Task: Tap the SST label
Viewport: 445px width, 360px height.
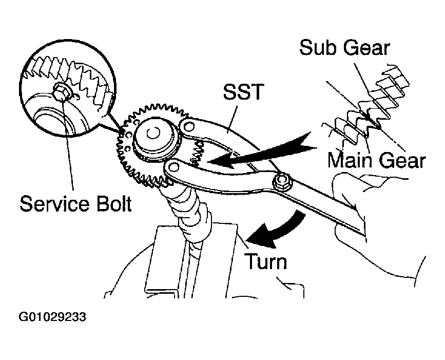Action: tap(243, 91)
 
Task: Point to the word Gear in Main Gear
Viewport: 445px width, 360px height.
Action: tap(402, 160)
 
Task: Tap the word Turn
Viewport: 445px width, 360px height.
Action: tap(266, 261)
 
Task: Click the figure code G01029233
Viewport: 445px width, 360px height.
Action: tap(52, 317)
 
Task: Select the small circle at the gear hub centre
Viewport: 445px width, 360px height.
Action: tap(153, 133)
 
